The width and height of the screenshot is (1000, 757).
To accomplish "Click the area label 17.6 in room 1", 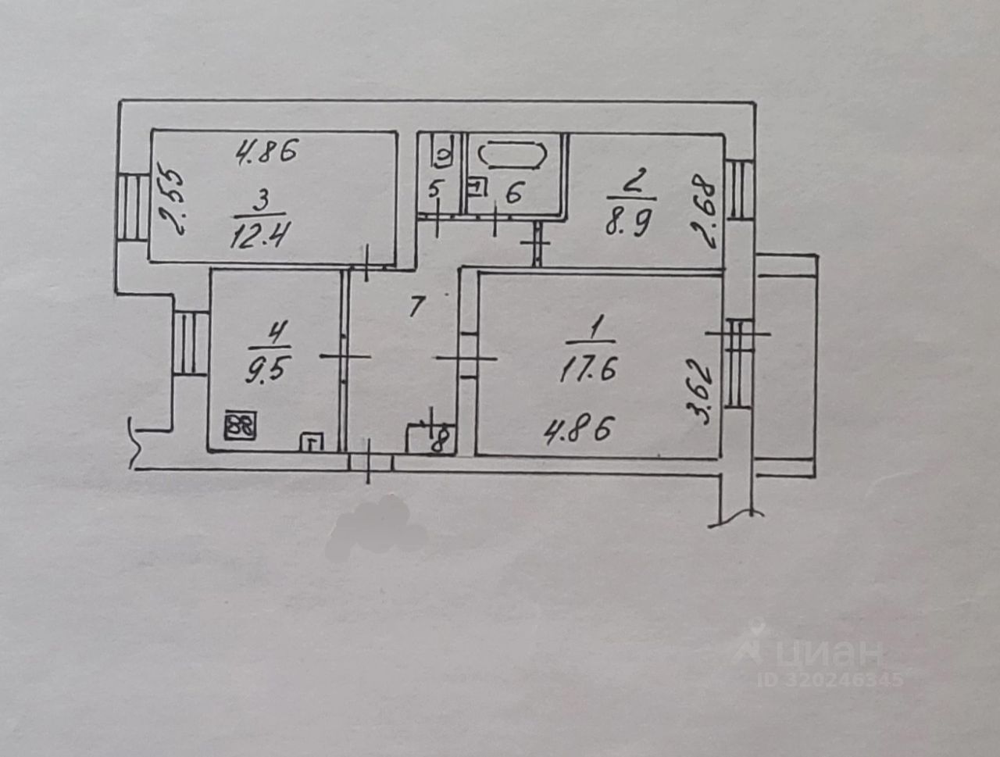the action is (x=587, y=369).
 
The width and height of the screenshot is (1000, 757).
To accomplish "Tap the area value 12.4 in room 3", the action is (x=259, y=234).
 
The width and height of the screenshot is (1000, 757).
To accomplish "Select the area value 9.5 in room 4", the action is (x=266, y=370).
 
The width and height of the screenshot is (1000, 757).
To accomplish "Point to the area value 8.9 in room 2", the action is (x=628, y=223).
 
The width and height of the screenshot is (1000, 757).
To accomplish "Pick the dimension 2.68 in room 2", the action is (x=705, y=210).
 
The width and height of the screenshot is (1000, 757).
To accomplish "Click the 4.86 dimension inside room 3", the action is (x=267, y=152).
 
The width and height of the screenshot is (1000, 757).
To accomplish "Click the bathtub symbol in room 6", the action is (x=512, y=155).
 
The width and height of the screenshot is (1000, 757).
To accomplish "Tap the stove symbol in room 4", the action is (x=241, y=426).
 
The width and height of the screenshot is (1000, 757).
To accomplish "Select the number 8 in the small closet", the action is (x=439, y=439).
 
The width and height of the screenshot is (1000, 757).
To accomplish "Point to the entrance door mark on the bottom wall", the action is (x=369, y=462).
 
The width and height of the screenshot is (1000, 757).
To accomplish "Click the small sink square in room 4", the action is (x=312, y=441).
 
